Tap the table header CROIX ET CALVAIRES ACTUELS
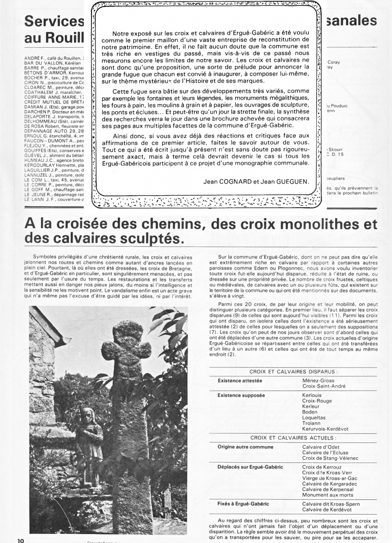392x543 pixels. pyautogui.click(x=293, y=437)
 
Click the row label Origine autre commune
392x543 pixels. pyautogui.click(x=245, y=447)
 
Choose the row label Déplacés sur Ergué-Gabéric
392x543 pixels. pyautogui.click(x=250, y=467)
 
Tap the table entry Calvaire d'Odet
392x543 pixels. pyautogui.click(x=321, y=447)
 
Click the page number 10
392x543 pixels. pyautogui.click(x=21, y=539)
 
